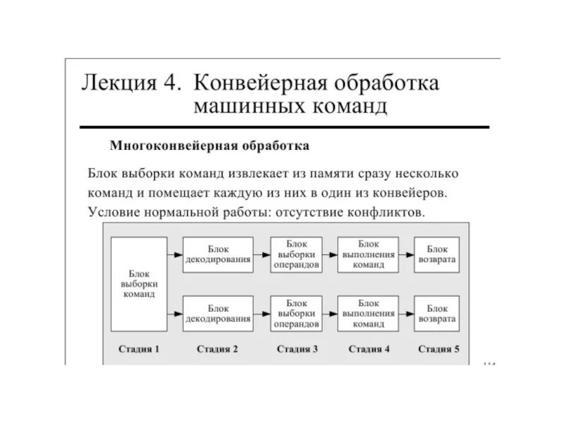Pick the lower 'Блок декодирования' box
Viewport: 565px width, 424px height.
coord(218,314)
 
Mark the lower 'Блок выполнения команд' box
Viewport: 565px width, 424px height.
coord(367,314)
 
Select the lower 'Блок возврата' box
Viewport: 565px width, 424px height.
coord(437,314)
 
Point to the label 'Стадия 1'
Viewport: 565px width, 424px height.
coord(138,349)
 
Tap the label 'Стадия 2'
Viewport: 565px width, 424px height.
coord(217,349)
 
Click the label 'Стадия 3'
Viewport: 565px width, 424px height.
coord(297,349)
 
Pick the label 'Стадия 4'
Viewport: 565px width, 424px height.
coord(368,349)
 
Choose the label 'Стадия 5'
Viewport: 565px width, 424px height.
coord(438,349)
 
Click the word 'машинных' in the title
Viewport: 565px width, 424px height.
coord(240,107)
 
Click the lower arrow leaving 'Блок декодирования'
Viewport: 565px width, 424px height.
coord(262,314)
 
